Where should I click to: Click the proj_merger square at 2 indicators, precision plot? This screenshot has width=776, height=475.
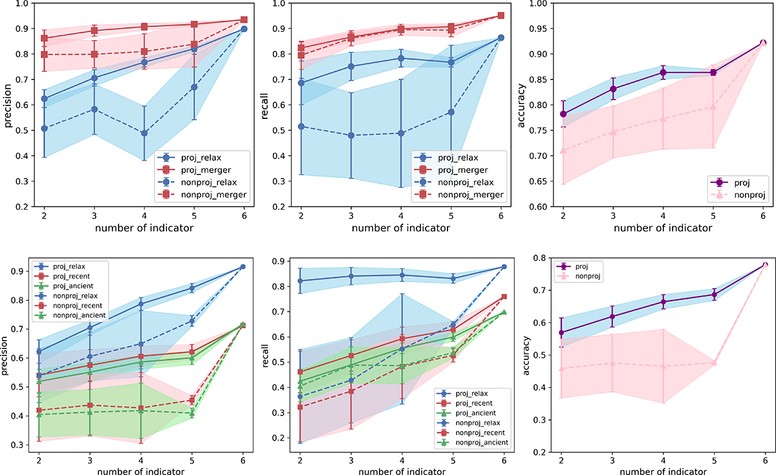tap(44, 38)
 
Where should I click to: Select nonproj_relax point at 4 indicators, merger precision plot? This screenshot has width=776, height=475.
tap(144, 133)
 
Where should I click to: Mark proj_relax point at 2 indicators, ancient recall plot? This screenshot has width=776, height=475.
tap(300, 281)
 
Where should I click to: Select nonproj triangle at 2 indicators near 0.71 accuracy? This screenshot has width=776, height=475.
tap(563, 151)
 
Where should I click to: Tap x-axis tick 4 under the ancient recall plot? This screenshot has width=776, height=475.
tap(402, 463)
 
